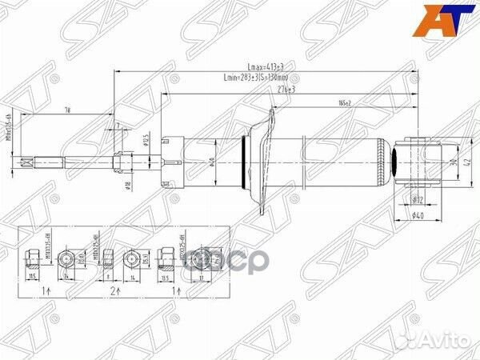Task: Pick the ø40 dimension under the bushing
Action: (x=417, y=212)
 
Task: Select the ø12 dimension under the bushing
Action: (x=416, y=198)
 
